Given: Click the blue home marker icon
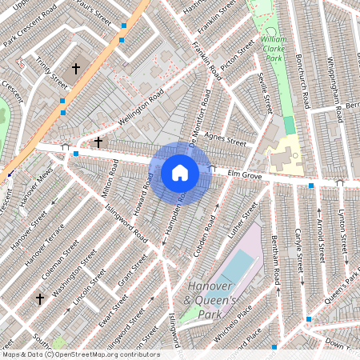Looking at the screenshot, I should tap(180, 173).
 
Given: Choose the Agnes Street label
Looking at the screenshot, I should tap(225, 139).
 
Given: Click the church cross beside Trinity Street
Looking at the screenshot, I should tap(77, 70).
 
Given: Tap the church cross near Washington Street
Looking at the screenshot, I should tap(39, 298).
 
